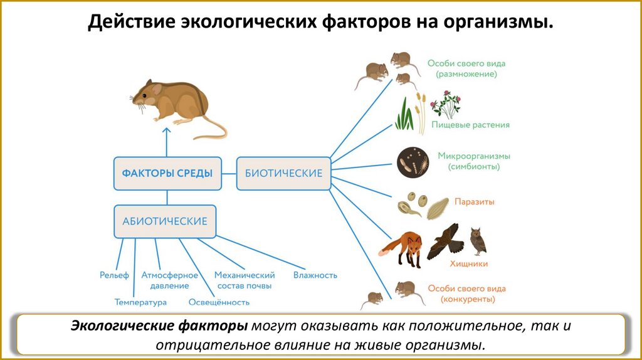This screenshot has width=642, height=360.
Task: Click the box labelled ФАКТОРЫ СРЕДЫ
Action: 167,173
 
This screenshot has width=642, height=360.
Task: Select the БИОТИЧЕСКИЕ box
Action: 283,173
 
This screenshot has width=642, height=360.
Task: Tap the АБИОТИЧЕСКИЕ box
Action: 165,221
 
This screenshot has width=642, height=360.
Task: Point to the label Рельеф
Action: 114,275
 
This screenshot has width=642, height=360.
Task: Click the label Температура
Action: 140,302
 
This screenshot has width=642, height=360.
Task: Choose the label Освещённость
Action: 219,302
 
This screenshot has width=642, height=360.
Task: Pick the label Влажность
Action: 315,275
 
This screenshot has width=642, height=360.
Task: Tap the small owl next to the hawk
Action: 478,241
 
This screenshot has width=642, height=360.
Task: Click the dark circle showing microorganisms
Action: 413,162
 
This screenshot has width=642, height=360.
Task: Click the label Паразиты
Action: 474,203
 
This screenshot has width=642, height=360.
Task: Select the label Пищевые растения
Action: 470,125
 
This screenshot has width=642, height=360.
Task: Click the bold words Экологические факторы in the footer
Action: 159,327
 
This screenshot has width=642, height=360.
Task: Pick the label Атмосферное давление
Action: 169,280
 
